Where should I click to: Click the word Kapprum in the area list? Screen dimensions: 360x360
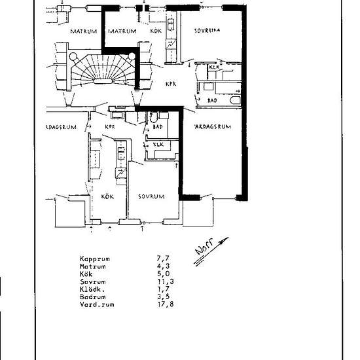[95, 259]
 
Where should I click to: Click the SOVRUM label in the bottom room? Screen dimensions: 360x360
[151, 196]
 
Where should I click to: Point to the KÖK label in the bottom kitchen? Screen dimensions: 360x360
[107, 196]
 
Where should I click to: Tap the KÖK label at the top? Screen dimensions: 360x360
[156, 31]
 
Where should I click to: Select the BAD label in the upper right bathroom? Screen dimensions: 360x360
[211, 101]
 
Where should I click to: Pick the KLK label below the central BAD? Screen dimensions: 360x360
[158, 145]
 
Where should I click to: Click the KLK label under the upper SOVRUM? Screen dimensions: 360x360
[213, 67]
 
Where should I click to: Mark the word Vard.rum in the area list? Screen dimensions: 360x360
[95, 304]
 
